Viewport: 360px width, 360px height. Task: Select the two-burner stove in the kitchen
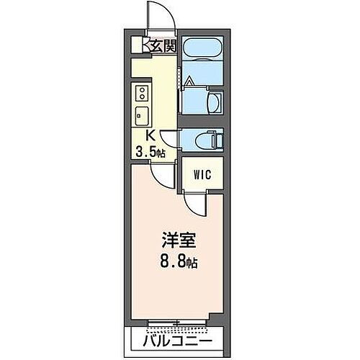[141, 92]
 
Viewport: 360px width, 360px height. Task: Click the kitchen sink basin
[140, 114]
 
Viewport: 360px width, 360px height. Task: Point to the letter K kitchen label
[151, 135]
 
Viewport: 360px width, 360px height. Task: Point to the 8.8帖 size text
[178, 262]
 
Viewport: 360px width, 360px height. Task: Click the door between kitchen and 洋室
[166, 176]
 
